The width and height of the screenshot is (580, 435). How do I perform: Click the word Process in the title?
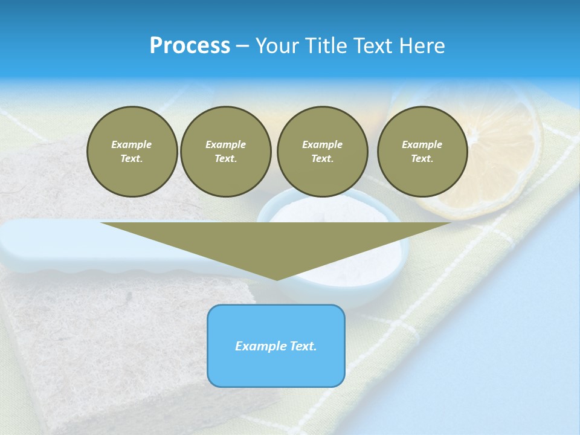click(190, 46)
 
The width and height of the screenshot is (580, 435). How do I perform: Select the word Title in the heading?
click(329, 46)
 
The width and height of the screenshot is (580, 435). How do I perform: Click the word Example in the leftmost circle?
click(132, 144)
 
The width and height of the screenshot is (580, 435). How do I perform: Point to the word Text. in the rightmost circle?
click(422, 159)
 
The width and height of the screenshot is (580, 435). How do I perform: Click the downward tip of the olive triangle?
click(277, 279)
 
